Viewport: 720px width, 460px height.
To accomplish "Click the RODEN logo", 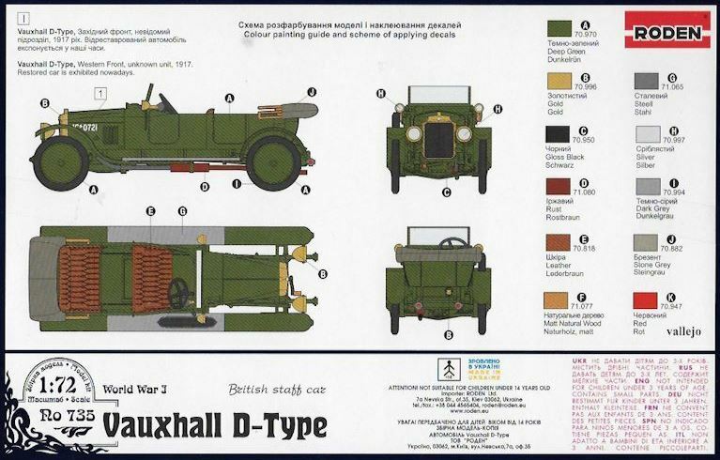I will click(666, 34).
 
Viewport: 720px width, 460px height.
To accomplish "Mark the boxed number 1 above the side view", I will click(100, 92).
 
